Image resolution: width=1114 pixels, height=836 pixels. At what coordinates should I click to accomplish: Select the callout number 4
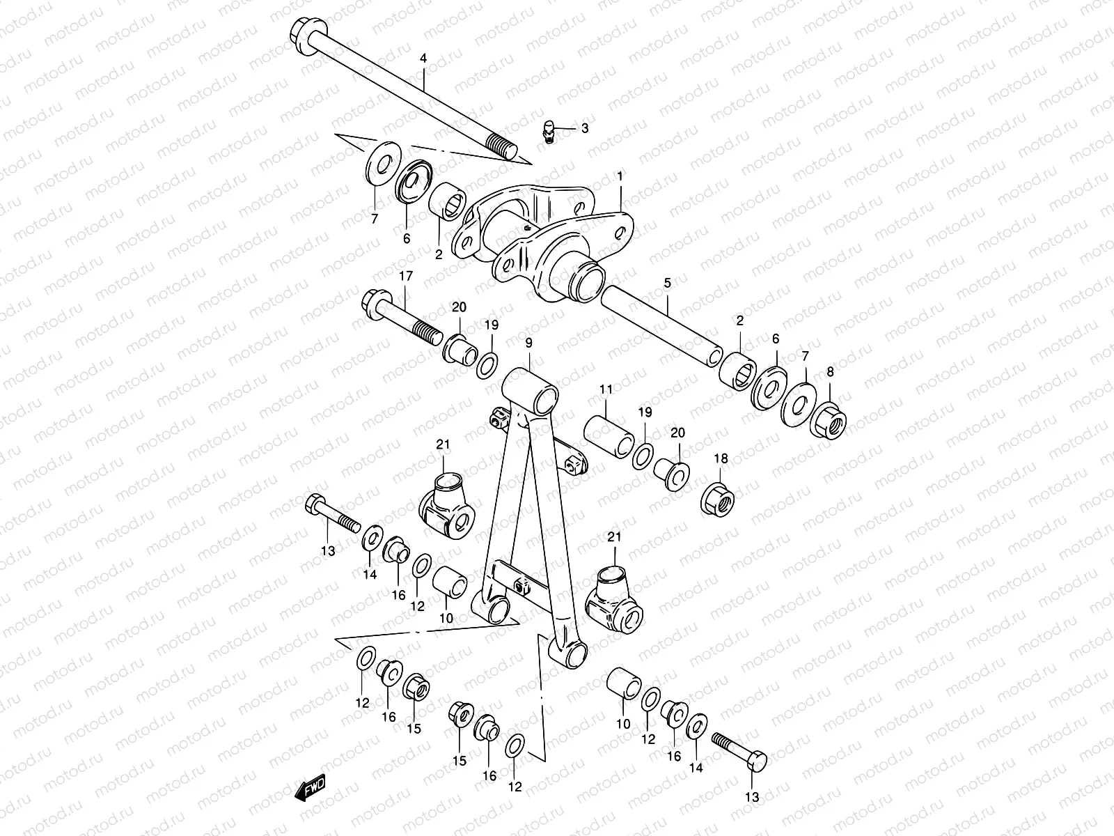(x=423, y=59)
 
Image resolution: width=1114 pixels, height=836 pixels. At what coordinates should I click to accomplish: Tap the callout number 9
(x=528, y=343)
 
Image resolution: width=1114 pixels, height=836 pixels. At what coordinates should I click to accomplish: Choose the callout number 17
(x=405, y=277)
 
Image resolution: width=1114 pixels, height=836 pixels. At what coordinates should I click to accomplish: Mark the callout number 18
(x=721, y=458)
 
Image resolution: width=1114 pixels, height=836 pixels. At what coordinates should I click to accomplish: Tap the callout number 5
(x=667, y=284)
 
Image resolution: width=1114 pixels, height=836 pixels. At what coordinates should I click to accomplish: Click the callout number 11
(x=606, y=389)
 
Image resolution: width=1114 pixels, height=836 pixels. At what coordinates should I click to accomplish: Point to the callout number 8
(x=830, y=372)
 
